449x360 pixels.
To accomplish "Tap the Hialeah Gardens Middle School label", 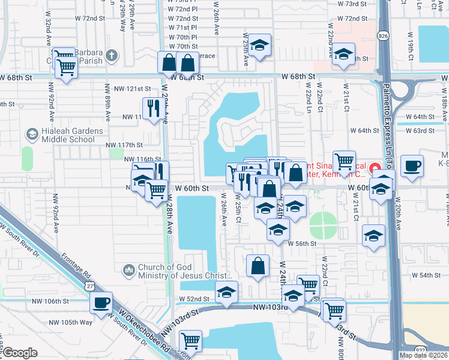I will click(x=68, y=136).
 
